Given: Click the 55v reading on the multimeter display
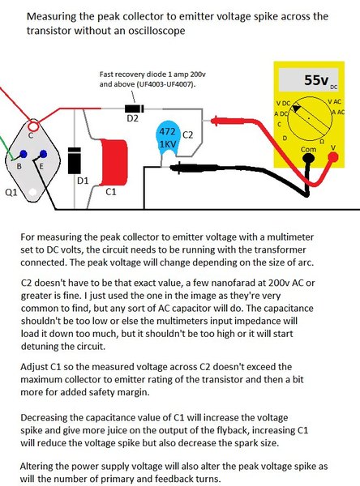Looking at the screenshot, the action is click(x=316, y=80).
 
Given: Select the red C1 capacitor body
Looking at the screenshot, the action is click(x=115, y=163).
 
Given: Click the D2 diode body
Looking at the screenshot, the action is click(x=135, y=109).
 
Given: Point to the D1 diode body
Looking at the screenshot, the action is click(x=75, y=160).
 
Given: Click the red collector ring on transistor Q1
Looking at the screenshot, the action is click(x=33, y=126).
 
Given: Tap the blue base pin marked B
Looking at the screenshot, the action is click(x=24, y=154).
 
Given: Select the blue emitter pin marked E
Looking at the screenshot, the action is click(x=43, y=154).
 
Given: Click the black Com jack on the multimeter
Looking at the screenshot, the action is click(x=308, y=159).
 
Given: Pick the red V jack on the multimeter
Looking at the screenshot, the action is click(x=333, y=157).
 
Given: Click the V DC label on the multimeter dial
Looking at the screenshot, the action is click(x=283, y=103).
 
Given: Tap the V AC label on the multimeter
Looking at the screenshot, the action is click(x=334, y=101).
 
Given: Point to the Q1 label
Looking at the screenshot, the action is click(x=12, y=193).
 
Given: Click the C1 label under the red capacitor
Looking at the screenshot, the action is click(x=111, y=192).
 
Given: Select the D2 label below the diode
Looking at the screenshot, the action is click(x=132, y=118).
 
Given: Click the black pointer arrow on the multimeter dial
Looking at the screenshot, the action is click(x=297, y=109).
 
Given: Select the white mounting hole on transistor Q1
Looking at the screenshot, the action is click(x=32, y=193).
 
